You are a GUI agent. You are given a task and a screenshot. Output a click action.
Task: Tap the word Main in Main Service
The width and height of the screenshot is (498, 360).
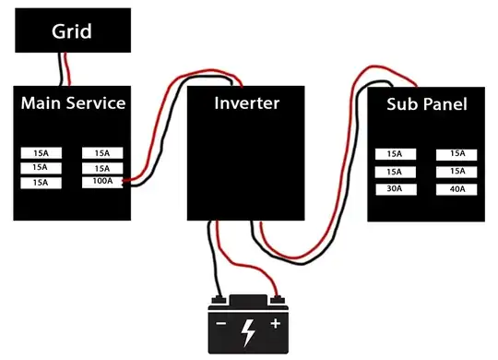(42, 102)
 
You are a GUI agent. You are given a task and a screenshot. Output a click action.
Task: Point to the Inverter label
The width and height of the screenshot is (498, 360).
(246, 102)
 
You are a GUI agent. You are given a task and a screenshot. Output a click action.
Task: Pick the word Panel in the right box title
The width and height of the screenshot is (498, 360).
(446, 104)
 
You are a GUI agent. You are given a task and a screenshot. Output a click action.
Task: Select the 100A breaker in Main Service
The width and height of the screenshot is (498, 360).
(101, 183)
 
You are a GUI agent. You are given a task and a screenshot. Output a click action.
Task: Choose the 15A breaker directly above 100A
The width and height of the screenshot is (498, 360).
(101, 168)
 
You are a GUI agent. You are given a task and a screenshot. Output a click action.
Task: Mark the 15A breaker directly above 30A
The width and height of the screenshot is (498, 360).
(395, 172)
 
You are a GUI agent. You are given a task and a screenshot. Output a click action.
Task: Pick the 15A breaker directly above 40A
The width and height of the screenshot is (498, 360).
(456, 172)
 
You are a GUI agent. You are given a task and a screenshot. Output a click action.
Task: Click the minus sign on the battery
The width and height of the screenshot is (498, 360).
(221, 325)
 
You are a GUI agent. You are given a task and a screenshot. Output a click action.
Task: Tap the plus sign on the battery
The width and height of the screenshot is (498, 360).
(274, 325)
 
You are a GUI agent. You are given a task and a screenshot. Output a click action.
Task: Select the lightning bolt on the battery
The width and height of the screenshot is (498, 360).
(248, 330)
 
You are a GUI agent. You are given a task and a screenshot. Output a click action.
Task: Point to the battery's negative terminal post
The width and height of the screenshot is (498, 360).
(219, 298)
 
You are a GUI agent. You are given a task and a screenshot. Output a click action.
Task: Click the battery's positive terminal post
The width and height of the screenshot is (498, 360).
(276, 298)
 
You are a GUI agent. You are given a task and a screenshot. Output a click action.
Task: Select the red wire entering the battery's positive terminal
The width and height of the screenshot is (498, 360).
(267, 277)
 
